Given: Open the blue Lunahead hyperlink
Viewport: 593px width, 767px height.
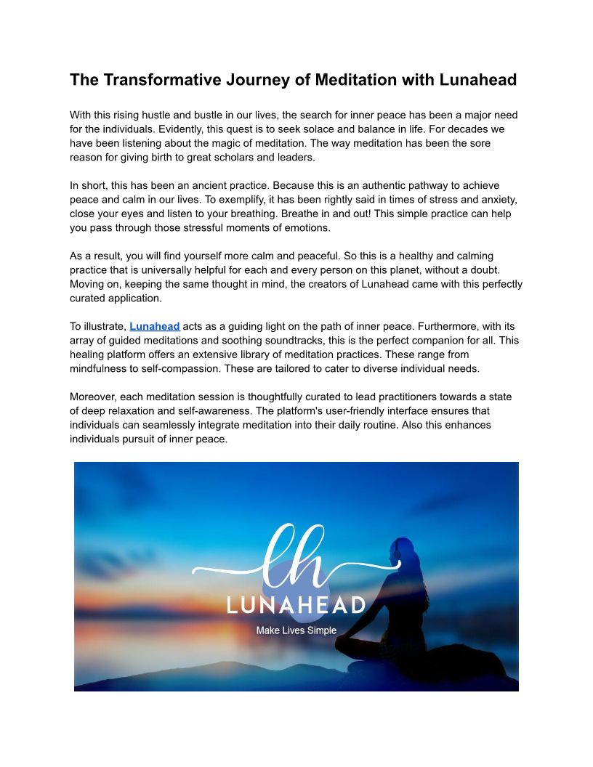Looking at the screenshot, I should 155,327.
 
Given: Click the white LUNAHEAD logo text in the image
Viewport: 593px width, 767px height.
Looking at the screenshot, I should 296,604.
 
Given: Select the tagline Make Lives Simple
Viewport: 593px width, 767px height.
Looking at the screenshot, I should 296,630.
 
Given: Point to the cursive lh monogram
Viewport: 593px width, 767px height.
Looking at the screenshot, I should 294,559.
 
